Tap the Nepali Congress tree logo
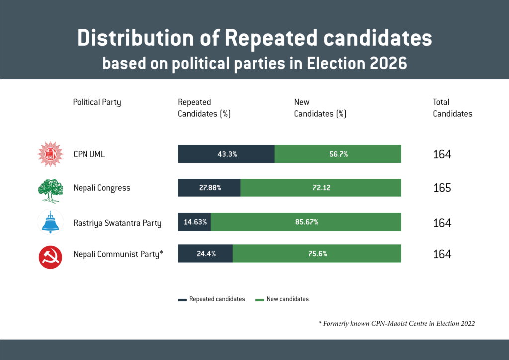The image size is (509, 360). pos(50,189)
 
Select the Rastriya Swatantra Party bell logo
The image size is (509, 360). pos(50,222)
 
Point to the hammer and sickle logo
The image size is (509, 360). pos(50,256)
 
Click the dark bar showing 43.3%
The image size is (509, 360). pos(226,154)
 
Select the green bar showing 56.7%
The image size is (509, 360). pos(338,154)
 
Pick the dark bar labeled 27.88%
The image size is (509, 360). pos(209,188)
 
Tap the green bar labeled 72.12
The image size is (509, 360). pos(321,188)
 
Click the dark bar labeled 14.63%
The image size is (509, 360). pos(194,222)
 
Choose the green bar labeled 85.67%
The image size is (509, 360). pos(306,222)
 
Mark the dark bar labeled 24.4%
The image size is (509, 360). pos(205,254)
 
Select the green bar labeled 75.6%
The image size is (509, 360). pos(317,254)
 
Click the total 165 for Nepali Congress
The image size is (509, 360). pos(442,188)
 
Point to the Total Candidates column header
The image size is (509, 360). pos(452,108)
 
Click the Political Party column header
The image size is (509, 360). pos(97,102)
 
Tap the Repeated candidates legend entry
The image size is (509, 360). pos(212,299)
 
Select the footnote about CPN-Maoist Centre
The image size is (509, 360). pos(397,323)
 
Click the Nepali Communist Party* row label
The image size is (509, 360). pos(118,254)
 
